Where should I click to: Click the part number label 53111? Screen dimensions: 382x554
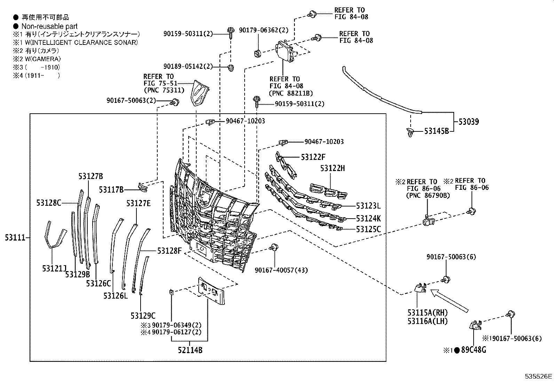(x=15, y=238)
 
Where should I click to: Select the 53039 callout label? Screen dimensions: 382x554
(x=468, y=122)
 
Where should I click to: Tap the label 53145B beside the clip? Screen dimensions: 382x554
(x=436, y=131)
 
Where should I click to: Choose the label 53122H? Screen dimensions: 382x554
(x=333, y=169)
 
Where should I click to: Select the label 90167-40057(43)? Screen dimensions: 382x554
(x=281, y=270)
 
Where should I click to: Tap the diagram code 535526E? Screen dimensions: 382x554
(x=538, y=376)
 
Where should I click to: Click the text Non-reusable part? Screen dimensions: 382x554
(x=49, y=26)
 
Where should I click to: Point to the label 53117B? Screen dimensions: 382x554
(x=111, y=189)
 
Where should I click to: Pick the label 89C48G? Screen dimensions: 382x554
(x=473, y=350)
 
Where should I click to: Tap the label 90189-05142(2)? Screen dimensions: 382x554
(x=188, y=66)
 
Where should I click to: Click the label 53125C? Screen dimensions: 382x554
(x=368, y=229)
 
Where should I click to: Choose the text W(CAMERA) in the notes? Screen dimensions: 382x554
(x=41, y=59)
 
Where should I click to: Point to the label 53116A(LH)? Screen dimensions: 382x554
(x=427, y=321)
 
